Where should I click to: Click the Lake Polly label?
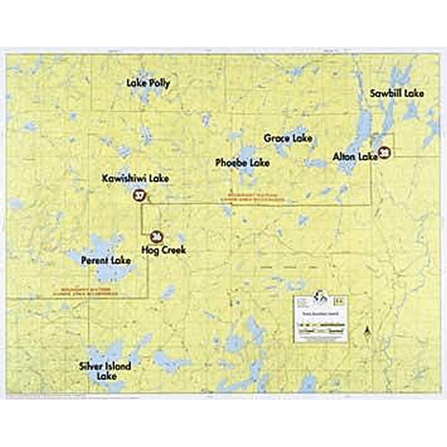148,84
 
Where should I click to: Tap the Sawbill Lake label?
397,93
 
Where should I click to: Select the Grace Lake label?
288,138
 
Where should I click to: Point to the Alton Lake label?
355,157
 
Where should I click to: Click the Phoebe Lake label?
242,163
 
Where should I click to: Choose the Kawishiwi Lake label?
135,178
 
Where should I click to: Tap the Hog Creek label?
163,251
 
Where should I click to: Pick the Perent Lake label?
105,260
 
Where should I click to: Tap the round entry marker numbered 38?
383,152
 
